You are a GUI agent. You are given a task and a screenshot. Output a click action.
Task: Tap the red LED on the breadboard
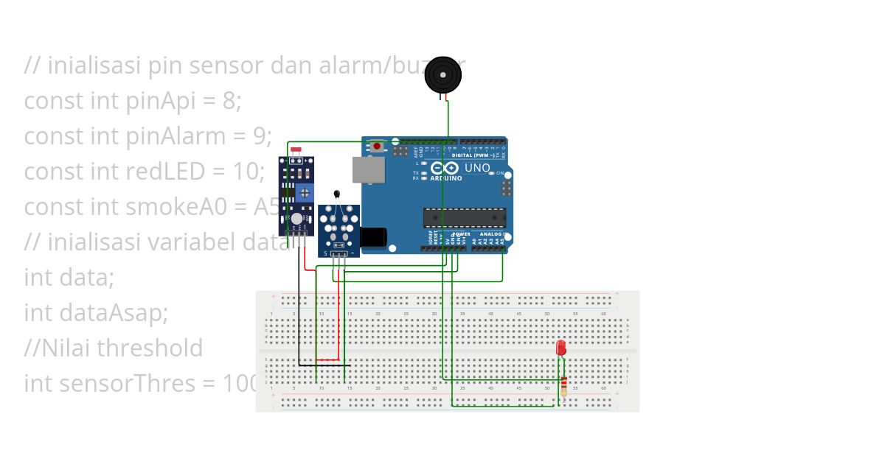coord(560,348)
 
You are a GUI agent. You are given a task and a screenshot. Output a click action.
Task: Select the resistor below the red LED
coord(564,386)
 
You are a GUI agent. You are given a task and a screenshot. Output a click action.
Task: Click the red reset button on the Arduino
coord(378,146)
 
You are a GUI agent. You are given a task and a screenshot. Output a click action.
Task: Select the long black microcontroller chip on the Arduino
coord(465,217)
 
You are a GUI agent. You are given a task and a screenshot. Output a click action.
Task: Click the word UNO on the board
coord(477,168)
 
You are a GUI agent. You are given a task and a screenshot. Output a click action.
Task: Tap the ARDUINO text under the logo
coord(445,178)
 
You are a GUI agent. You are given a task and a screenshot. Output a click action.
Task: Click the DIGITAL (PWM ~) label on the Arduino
coord(472,155)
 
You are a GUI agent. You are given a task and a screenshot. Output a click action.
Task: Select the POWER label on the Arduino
coord(451,233)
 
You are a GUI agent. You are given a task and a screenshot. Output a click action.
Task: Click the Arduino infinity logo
coord(445,168)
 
